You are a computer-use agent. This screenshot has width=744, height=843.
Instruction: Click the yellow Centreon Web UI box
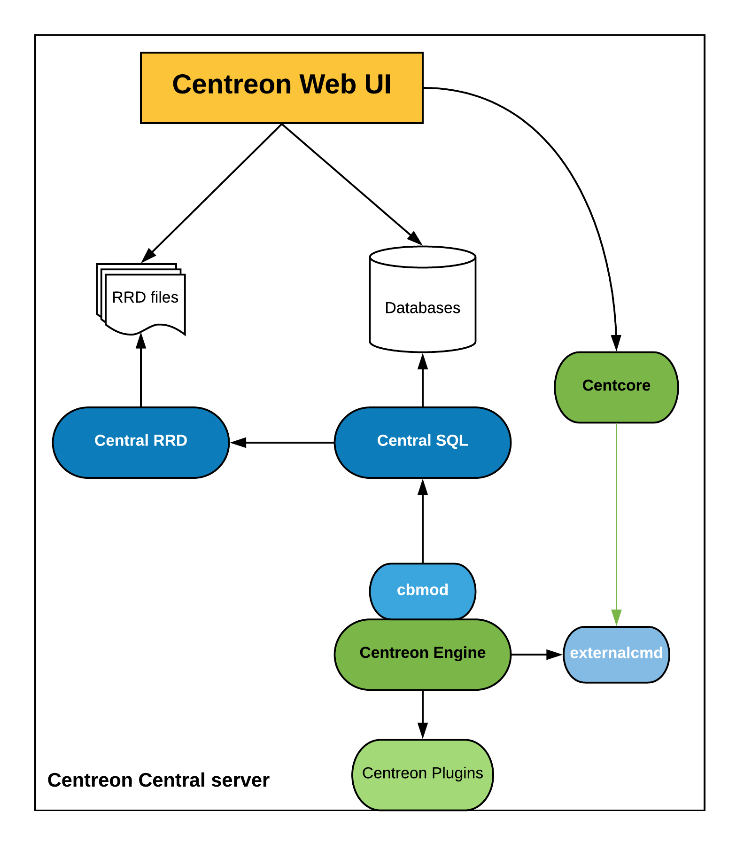tap(282, 88)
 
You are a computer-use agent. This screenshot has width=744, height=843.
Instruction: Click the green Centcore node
tap(616, 387)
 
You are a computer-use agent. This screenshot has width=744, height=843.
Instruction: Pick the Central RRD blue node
tap(141, 442)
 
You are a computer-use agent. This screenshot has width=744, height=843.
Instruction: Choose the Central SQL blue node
tap(423, 442)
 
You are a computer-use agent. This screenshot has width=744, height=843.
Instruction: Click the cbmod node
tap(423, 590)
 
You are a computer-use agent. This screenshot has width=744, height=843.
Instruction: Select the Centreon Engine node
tap(423, 654)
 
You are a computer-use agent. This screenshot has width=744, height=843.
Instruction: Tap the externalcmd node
tap(616, 654)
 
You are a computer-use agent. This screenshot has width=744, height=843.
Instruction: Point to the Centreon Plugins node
tap(423, 774)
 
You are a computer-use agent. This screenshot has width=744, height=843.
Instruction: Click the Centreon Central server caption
tap(158, 780)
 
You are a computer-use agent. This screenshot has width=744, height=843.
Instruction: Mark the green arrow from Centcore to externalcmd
tap(616, 522)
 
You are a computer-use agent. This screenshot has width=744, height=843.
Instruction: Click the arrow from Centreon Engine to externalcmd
tap(535, 654)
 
